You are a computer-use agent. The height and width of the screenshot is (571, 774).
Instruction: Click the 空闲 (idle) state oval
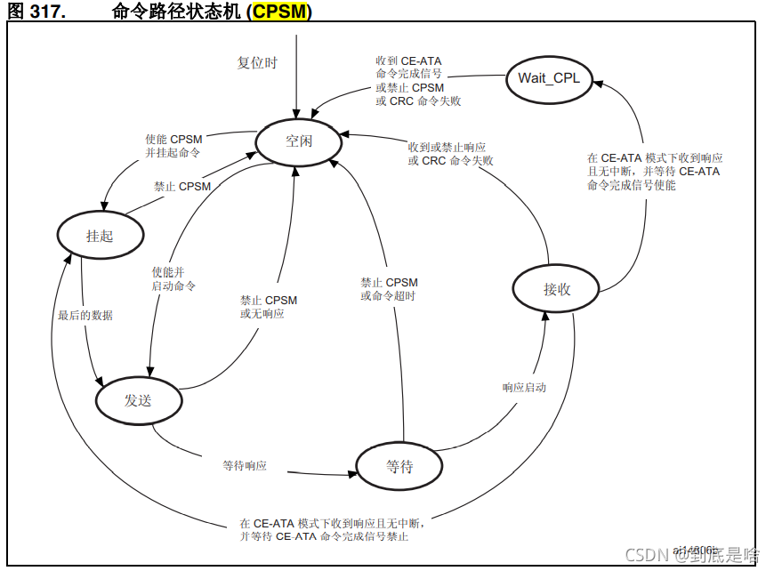click(299, 141)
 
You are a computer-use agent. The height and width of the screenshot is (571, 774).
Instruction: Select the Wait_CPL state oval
click(549, 78)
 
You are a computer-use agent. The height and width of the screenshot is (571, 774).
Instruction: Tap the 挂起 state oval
click(100, 235)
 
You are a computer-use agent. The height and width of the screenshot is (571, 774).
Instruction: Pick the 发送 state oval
click(137, 399)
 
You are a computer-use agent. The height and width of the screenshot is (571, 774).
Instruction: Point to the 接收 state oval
click(556, 289)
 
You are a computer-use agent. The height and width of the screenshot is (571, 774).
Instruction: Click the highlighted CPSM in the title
click(282, 11)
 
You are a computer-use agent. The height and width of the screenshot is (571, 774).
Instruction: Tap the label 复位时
click(257, 63)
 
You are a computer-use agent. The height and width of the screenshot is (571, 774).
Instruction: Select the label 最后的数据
click(85, 315)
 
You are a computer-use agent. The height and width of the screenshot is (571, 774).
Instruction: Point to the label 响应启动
click(524, 388)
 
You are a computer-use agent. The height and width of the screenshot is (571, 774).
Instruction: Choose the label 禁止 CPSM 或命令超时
click(389, 289)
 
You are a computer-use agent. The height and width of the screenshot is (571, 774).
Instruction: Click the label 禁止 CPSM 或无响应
click(269, 307)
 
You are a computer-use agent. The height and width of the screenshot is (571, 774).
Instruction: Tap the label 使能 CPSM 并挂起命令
click(173, 146)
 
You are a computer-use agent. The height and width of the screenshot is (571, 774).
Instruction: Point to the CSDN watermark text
click(692, 555)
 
